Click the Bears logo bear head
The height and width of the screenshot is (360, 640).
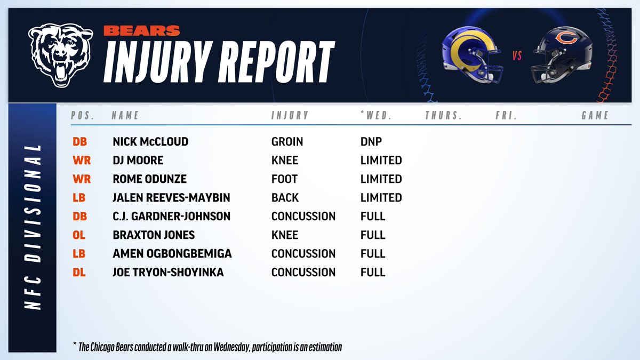[x=60, y=54]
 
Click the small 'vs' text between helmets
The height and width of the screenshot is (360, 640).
[x=516, y=55]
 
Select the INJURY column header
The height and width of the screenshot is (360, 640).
[x=290, y=115]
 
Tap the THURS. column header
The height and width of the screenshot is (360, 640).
[x=443, y=115]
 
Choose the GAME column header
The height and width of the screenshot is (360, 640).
[x=595, y=115]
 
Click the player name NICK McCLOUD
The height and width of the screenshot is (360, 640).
[x=151, y=142]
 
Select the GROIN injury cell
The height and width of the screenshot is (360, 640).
[x=287, y=142]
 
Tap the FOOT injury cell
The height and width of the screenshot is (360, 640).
[x=284, y=179]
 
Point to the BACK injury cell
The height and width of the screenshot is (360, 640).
[x=284, y=198]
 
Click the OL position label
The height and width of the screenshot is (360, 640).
[x=79, y=235]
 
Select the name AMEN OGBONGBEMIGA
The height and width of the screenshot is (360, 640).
[x=172, y=254]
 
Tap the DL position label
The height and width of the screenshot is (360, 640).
[x=79, y=273]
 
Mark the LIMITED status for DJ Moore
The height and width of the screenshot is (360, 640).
[x=381, y=161]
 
